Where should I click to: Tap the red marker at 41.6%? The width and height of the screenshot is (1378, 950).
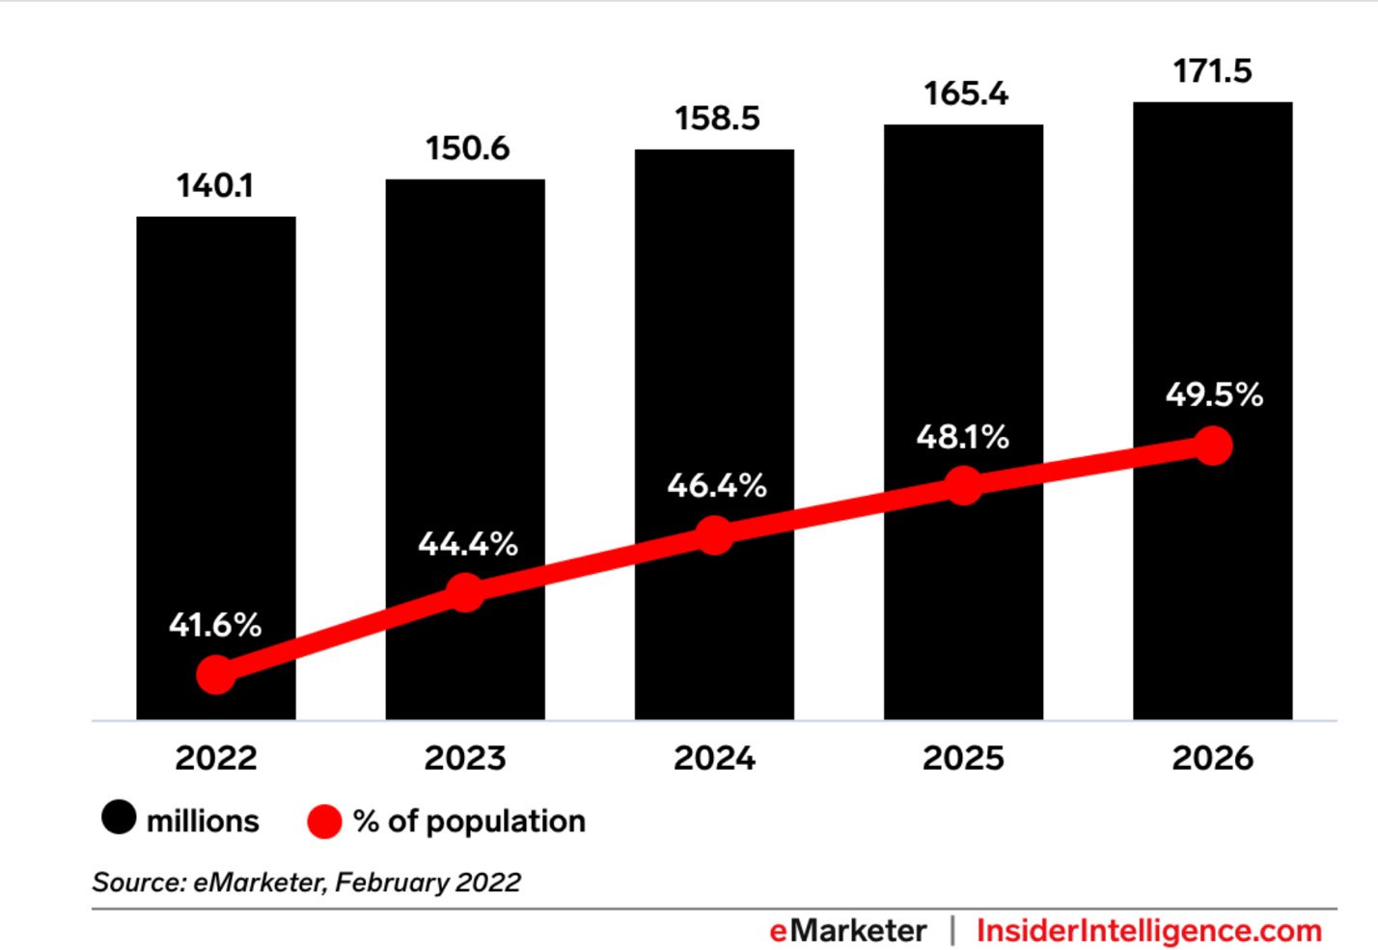216,674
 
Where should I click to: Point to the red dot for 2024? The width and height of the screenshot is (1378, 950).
714,535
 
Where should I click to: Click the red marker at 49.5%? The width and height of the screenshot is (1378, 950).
1213,446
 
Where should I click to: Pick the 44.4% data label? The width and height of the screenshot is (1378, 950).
467,545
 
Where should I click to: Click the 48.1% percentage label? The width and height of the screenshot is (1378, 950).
962,438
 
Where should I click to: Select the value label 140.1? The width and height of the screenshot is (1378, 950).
214,185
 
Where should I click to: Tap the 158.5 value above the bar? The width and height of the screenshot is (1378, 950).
716,119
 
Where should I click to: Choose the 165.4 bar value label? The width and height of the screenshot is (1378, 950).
965,94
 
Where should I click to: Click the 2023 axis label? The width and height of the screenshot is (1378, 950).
465,758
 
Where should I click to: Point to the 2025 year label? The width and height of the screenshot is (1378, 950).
963,758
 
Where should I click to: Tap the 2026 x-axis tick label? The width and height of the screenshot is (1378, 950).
1212,758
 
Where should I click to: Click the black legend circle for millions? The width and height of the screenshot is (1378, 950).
119,818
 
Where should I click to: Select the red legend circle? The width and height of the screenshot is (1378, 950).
324,822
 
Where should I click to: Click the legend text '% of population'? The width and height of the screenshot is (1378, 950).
469,821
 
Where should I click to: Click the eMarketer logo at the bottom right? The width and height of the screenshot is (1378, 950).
847,931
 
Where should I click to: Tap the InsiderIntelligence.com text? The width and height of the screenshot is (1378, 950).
1148,931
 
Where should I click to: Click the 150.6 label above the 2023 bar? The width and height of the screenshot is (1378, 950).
467,149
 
